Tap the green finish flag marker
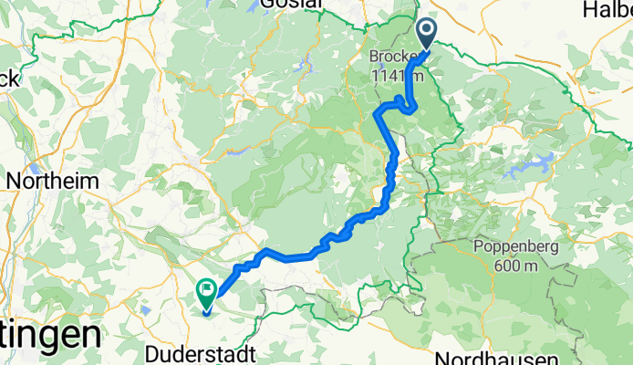click(205, 293)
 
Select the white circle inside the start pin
click(428, 31)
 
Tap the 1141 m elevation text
click(397, 77)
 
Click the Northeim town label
click(52, 182)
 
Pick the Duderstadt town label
click(197, 353)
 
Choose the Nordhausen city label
click(484, 356)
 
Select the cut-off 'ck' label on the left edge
click(9, 78)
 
